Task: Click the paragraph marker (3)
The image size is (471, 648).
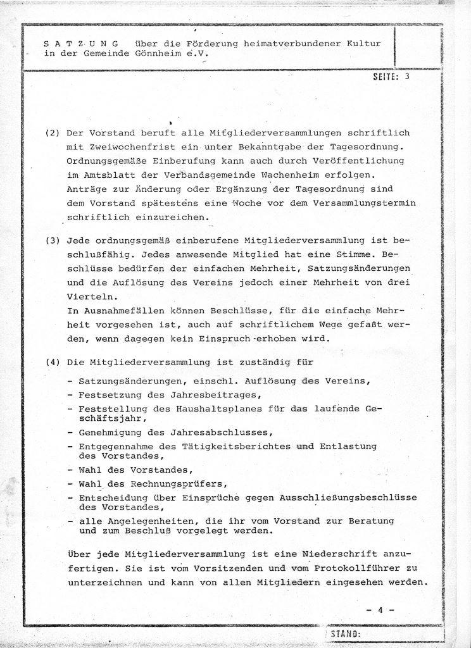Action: (x=52, y=242)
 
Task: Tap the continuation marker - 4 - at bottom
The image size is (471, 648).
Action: (x=380, y=610)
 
